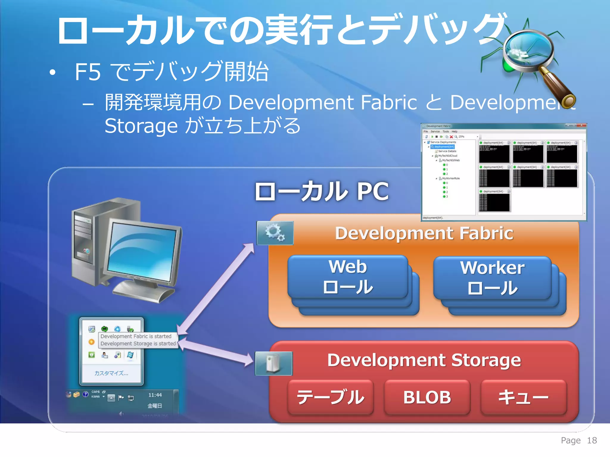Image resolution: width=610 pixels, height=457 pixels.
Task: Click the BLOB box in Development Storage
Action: coord(427,397)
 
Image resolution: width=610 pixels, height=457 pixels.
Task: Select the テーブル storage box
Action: coord(331,397)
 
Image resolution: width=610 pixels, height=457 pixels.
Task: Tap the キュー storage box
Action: coord(523,397)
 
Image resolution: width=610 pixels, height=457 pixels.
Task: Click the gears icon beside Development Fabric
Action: coord(275,233)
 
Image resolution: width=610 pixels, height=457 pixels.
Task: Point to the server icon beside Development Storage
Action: coord(274,363)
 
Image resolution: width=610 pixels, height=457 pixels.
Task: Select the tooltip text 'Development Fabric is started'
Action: coord(136,336)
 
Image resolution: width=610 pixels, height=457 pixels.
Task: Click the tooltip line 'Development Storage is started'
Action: coord(138,344)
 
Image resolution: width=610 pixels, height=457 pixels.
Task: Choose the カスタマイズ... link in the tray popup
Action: coord(111,373)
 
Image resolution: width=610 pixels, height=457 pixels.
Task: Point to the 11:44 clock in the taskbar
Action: coord(155,395)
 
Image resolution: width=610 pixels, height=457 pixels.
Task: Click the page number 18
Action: coord(592,440)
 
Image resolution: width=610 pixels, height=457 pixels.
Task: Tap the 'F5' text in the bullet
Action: coord(88,72)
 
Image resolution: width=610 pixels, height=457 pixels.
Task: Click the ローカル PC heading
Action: coord(322,191)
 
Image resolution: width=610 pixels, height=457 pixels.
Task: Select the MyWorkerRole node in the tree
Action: coord(451,179)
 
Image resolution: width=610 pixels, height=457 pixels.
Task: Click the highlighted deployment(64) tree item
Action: coord(444,147)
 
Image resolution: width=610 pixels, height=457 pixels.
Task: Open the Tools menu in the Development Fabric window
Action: coord(446,132)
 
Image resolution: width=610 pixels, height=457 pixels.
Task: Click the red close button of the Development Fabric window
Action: coord(581,126)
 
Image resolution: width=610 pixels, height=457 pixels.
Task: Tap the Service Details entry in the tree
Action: coord(447,151)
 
